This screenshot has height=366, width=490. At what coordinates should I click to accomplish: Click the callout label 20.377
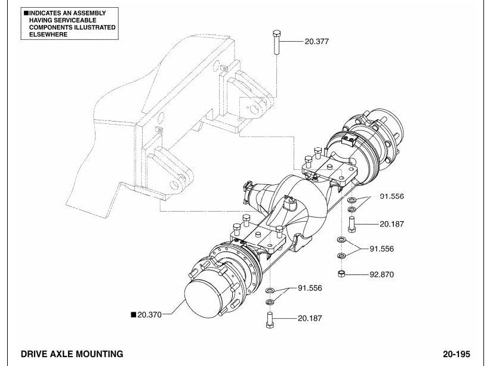[x=316, y=42]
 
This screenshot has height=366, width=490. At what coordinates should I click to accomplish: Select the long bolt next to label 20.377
[x=276, y=42]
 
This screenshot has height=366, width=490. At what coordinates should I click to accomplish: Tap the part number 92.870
[x=381, y=275]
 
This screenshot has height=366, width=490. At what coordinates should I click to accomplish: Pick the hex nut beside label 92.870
[x=341, y=274]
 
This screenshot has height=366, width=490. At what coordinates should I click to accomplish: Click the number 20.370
[x=149, y=315]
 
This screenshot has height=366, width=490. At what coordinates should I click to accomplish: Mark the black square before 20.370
[x=134, y=315]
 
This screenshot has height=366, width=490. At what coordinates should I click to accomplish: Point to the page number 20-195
[x=456, y=354]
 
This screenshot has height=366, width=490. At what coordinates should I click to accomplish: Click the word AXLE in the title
[x=61, y=354]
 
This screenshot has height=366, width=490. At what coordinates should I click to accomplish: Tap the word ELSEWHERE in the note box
[x=48, y=35]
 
